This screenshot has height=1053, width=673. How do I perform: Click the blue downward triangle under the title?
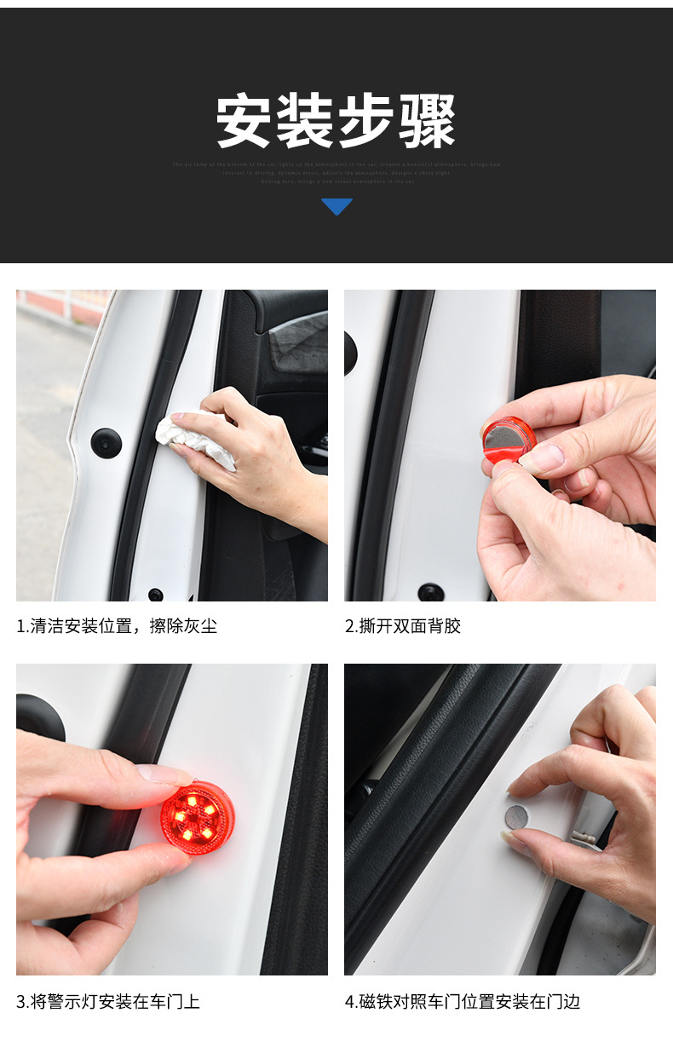pyautogui.click(x=336, y=206)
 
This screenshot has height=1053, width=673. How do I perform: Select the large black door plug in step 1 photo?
pyautogui.click(x=106, y=443)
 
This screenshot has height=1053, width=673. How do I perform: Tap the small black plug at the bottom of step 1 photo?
pyautogui.click(x=155, y=594)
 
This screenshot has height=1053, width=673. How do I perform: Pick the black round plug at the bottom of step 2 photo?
pyautogui.click(x=431, y=591)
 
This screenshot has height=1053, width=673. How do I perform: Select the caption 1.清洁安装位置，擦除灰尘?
pyautogui.click(x=117, y=626)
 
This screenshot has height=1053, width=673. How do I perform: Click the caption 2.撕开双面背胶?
pyautogui.click(x=402, y=626)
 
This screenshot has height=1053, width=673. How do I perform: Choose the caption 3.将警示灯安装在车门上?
pyautogui.click(x=108, y=1001)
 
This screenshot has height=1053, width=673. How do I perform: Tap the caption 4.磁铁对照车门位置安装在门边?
pyautogui.click(x=462, y=1001)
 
